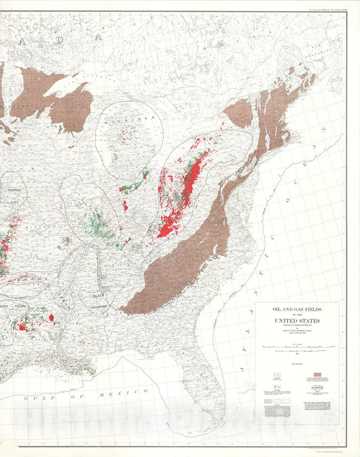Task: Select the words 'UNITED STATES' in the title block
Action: point(297,321)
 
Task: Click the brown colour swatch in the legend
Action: point(318,373)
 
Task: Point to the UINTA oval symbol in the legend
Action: point(318,388)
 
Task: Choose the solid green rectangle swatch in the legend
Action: point(268,401)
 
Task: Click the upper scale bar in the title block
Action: point(297,346)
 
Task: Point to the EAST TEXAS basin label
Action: point(17,306)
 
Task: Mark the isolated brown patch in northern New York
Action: point(238,112)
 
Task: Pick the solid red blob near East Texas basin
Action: point(51,317)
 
